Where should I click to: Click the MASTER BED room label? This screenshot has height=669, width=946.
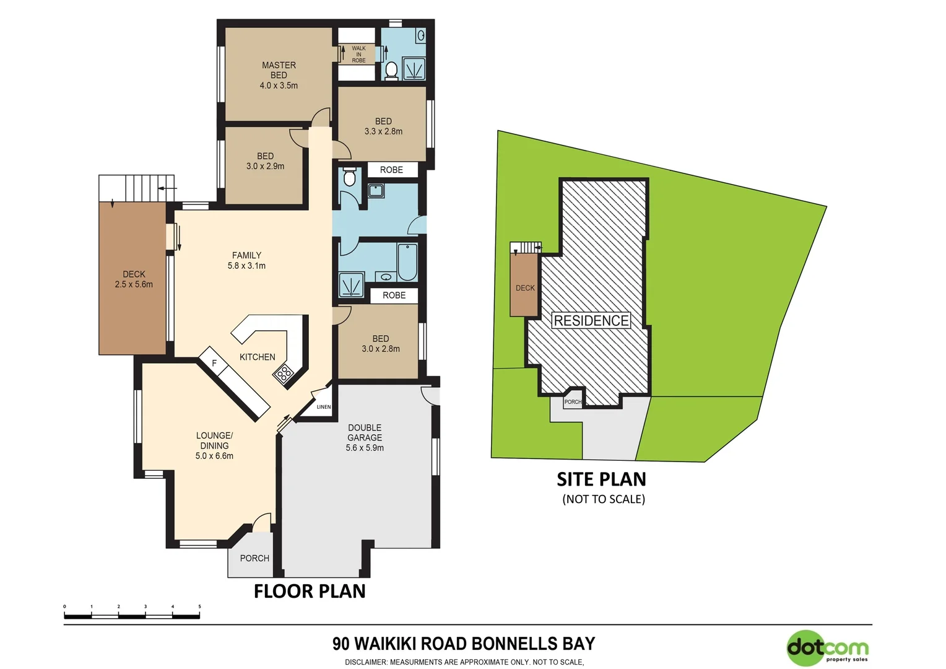[x=279, y=70]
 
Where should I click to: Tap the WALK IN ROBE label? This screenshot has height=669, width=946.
[x=358, y=55]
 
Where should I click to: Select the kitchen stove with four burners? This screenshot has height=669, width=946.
[x=284, y=374]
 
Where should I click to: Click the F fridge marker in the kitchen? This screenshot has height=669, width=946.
[x=214, y=363]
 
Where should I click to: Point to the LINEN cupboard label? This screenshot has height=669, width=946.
[x=323, y=407]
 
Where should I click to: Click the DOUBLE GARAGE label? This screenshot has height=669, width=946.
[x=365, y=432]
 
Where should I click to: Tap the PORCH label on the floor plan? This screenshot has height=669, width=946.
[x=254, y=558]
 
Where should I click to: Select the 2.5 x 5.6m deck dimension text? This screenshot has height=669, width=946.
[x=134, y=284]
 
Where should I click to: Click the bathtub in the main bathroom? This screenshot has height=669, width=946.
[x=407, y=261]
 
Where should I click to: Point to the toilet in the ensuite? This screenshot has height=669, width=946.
[x=391, y=70]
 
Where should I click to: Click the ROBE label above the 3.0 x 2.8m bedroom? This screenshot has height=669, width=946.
[x=394, y=295]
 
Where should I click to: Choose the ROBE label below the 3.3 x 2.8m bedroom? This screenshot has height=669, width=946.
[x=391, y=170]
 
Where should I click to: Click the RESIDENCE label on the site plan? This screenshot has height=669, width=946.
[x=591, y=320]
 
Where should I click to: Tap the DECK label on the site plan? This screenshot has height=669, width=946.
[x=525, y=288]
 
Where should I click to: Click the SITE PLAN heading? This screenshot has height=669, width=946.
[x=601, y=479]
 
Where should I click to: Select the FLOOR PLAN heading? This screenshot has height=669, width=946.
[x=310, y=591]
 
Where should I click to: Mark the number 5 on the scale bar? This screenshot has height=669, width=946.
[x=199, y=607]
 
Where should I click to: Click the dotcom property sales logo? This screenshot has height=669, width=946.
[x=828, y=649]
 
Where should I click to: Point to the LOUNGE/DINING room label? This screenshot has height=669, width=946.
[x=214, y=440]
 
